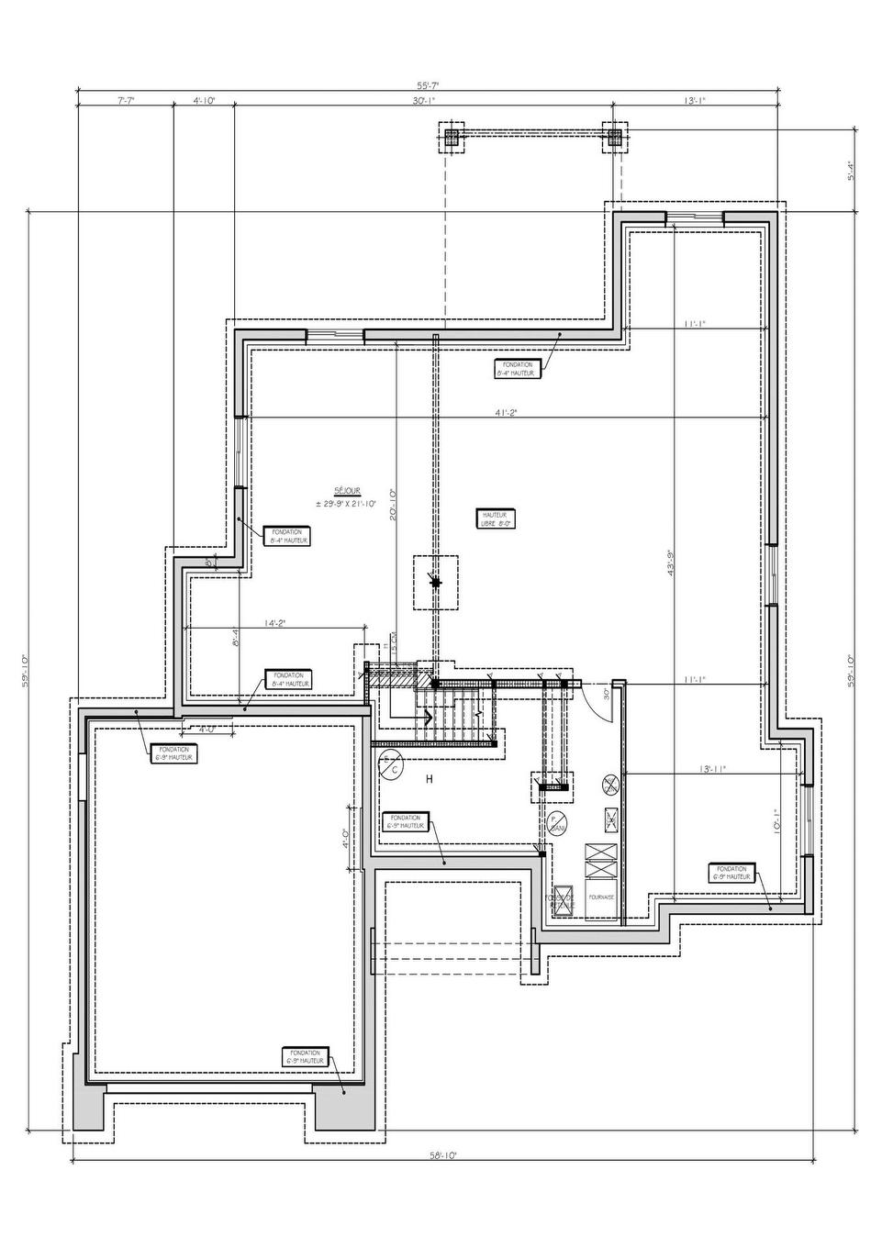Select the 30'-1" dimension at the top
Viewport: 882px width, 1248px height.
[x=423, y=101]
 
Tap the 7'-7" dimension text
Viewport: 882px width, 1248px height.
[x=126, y=101]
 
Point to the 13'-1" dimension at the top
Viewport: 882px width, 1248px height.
[x=695, y=101]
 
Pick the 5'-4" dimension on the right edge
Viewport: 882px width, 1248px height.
[x=851, y=171]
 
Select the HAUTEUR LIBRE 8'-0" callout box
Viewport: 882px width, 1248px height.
[x=496, y=519]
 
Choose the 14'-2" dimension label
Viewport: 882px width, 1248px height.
[x=274, y=623]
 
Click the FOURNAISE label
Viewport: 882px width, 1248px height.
[x=602, y=897]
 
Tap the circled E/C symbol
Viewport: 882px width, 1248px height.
[x=391, y=763]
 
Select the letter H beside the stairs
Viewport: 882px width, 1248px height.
[x=429, y=780]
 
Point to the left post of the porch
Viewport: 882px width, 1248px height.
[x=452, y=137]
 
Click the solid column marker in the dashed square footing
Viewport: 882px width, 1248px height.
[x=435, y=581]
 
